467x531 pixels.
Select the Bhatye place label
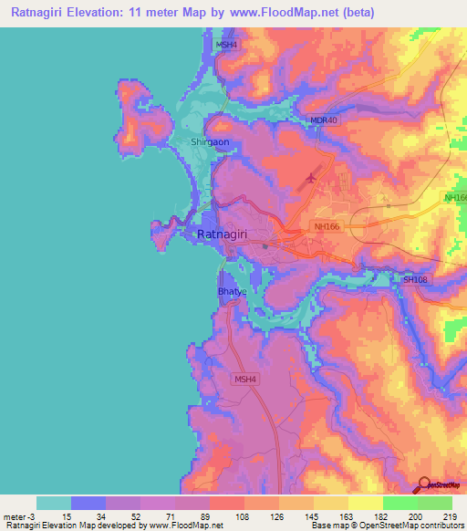230,291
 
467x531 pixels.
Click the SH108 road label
415,280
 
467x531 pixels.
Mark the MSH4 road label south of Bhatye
245,380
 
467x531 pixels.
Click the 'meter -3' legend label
20,515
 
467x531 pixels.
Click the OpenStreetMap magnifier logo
425,485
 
